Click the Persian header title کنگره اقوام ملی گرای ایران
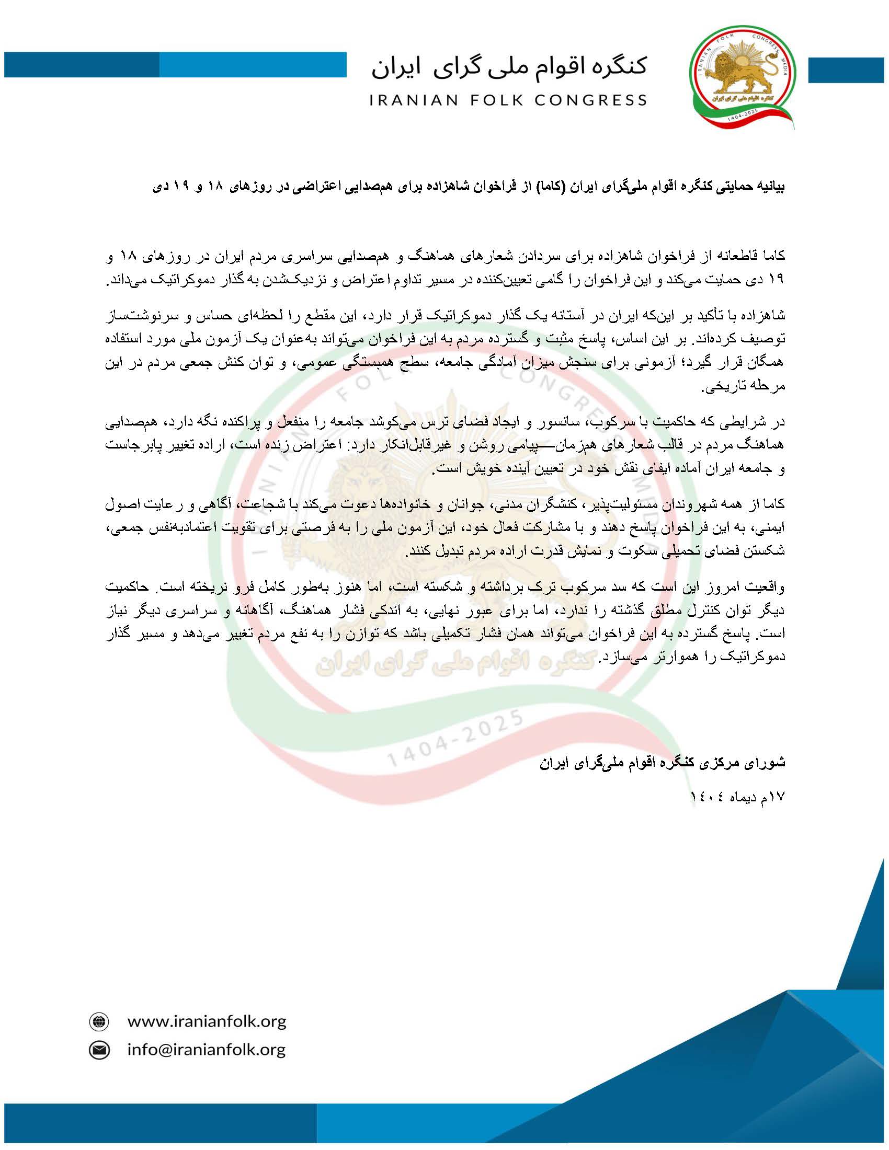[x=509, y=67]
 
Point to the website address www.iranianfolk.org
[x=207, y=1021]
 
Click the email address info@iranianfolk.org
[x=207, y=1050]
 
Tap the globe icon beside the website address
[x=98, y=1022]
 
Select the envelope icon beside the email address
[x=98, y=1050]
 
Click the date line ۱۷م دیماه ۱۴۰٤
[x=737, y=798]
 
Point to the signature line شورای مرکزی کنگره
[x=662, y=763]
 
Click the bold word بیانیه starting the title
[x=769, y=188]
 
